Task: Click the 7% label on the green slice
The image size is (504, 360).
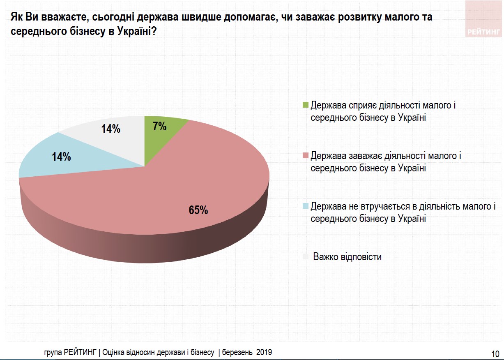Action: [x=159, y=127]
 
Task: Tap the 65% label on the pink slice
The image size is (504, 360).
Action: [x=198, y=210]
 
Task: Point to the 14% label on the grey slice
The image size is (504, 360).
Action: [x=110, y=129]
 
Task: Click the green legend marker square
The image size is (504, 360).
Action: [x=305, y=105]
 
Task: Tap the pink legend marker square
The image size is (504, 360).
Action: [x=305, y=156]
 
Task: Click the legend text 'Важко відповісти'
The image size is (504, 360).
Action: [x=347, y=257]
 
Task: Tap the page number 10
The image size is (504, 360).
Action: [x=495, y=353]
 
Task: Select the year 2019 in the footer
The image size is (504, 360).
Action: [x=264, y=352]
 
